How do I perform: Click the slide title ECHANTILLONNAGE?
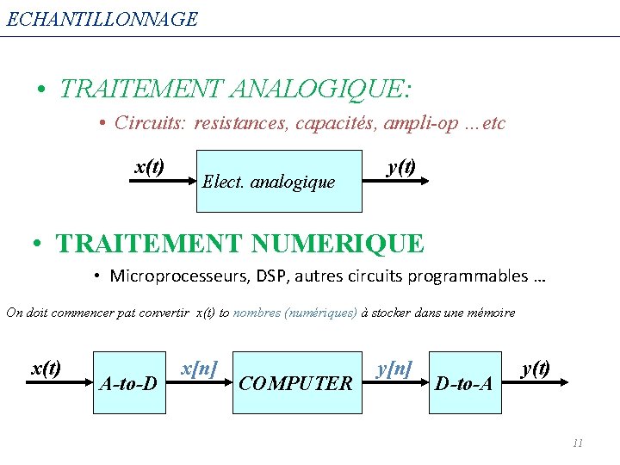[102, 19]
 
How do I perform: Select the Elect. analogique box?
[279, 181]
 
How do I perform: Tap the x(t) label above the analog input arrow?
[150, 166]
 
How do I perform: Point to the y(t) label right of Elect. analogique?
[401, 166]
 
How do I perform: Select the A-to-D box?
[128, 382]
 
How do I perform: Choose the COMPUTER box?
[295, 382]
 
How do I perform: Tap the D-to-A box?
[464, 382]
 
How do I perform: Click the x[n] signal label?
[199, 369]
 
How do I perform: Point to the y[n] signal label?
[394, 369]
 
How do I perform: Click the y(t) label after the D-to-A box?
[536, 369]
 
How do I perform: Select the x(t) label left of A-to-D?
[46, 369]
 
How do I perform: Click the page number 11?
[577, 443]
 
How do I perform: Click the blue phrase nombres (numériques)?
[295, 313]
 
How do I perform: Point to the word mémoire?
[489, 313]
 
